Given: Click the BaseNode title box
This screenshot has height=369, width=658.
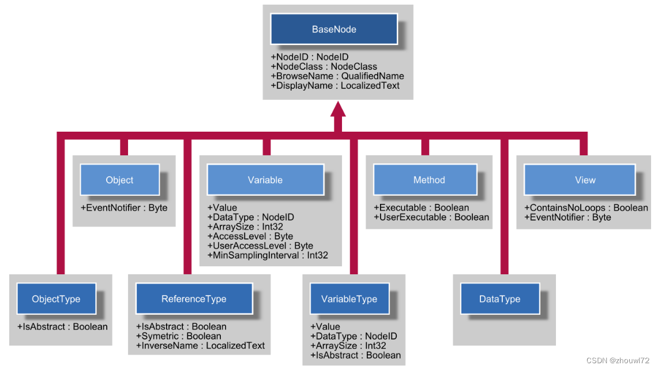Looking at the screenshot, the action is tap(334, 29).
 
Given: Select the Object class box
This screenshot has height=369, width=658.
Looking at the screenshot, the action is tap(119, 180).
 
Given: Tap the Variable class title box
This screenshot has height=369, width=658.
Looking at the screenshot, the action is tap(265, 180).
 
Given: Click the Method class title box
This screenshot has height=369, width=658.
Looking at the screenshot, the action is tap(425, 180).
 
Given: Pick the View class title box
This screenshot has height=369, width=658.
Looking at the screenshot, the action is tap(580, 180).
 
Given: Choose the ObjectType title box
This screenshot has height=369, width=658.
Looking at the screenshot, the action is tap(57, 299).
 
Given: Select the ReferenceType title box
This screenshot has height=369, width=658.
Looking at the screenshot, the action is tap(194, 299).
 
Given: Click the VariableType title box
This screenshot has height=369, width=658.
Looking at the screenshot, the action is tap(349, 299).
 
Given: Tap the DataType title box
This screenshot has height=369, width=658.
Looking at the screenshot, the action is tap(500, 299).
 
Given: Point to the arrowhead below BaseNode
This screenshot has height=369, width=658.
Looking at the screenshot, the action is tap(338, 109).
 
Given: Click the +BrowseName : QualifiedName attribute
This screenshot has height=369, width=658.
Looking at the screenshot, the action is tap(337, 76).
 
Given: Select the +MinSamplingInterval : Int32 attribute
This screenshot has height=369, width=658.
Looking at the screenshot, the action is tap(268, 255).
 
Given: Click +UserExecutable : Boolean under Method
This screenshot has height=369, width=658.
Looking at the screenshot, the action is tap(431, 217).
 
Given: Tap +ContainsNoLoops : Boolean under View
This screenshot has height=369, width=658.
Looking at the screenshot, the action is tap(586, 208).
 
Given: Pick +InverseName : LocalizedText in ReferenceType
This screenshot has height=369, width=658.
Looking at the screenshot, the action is tap(200, 346).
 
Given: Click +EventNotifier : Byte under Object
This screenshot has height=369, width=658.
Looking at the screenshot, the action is tap(124, 208).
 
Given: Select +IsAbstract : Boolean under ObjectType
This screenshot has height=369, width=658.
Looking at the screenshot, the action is tap(62, 326).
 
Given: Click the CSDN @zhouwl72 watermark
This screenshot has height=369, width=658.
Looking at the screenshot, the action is tap(617, 360).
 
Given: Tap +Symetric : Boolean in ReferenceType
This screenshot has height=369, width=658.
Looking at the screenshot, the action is tap(178, 336).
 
